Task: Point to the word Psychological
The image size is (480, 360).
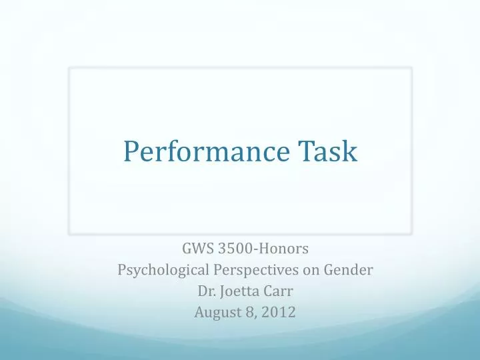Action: coord(158,271)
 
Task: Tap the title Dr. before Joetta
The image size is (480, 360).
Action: coord(206,291)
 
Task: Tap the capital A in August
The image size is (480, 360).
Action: coord(199,311)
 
